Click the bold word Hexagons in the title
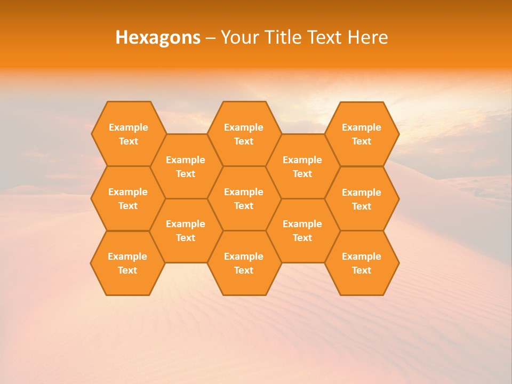coord(158,37)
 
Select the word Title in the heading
coord(282,37)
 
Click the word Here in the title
coord(368,37)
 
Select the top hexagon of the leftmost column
coord(128,134)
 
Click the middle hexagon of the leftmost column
coord(128,198)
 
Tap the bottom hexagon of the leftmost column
coord(127,263)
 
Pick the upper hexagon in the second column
coord(186,166)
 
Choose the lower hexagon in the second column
coord(186,230)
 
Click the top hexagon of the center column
coord(244,134)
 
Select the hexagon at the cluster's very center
coord(244,198)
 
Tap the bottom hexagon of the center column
coord(244,263)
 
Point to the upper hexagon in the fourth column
coord(302,166)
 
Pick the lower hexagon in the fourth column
coord(302,230)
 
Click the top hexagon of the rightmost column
coord(362,134)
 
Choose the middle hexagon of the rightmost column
coord(362,199)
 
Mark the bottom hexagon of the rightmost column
coord(362,263)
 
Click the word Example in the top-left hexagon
coord(128,127)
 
